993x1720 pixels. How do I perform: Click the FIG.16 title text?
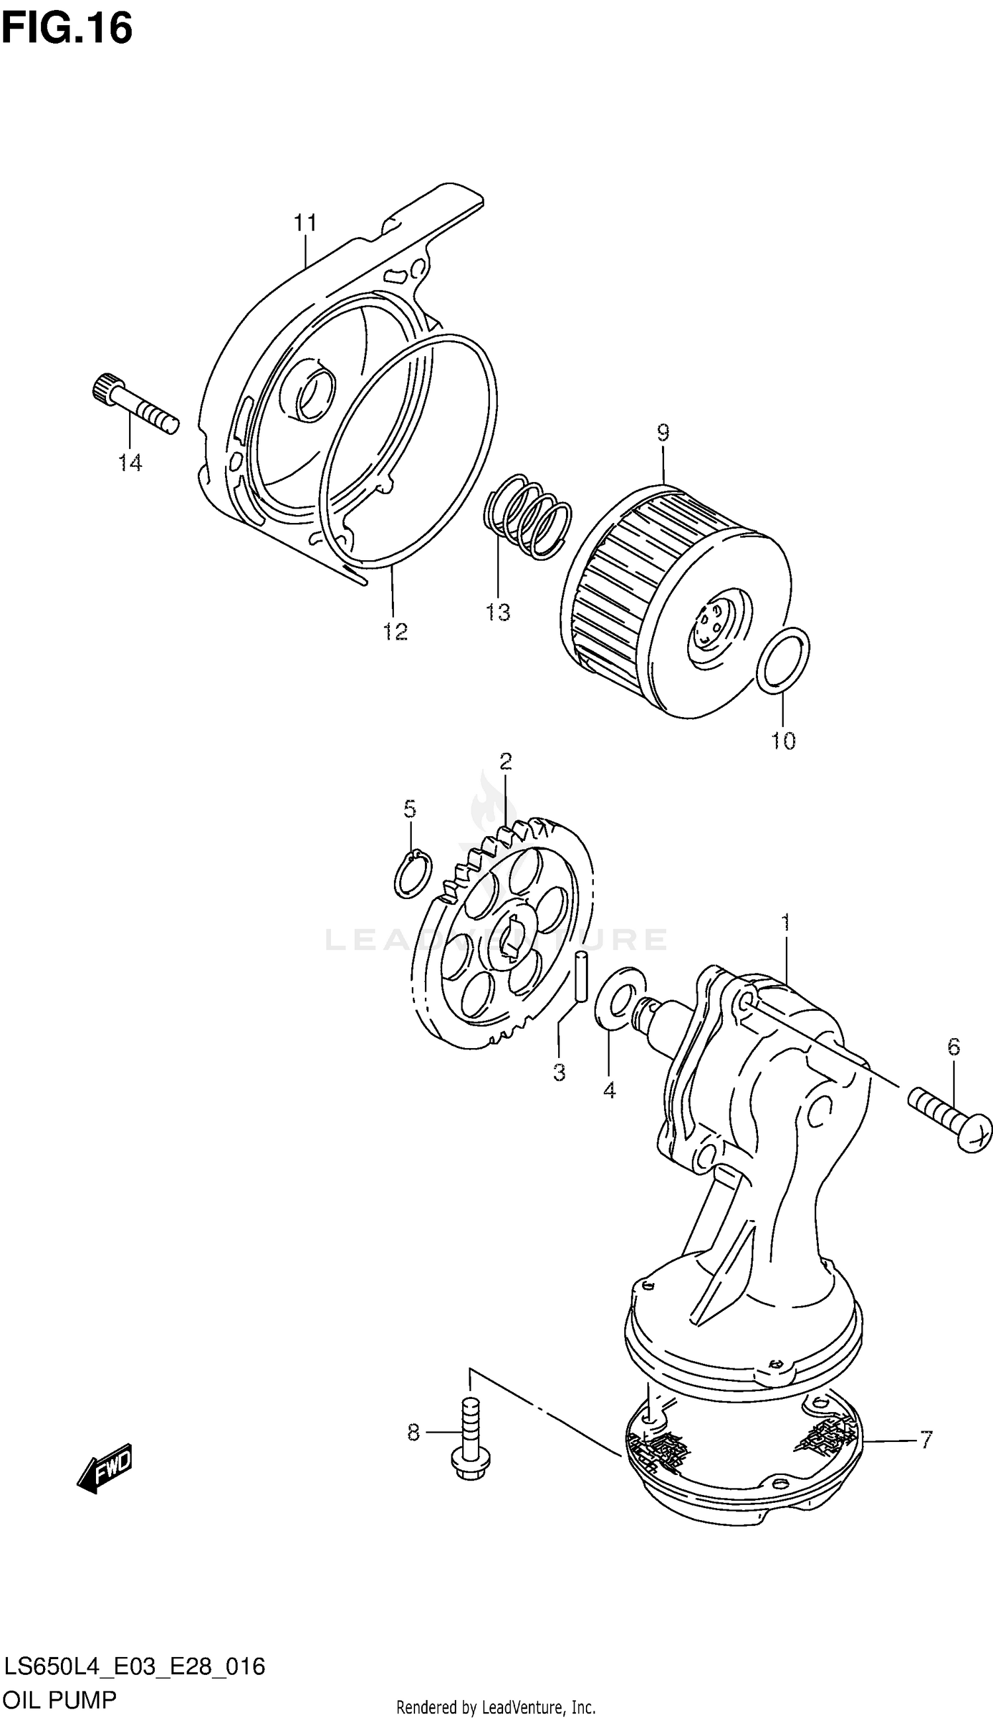(67, 28)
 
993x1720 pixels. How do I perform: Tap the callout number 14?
(130, 463)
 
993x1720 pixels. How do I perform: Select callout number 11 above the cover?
(306, 222)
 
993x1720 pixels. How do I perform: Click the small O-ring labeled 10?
(784, 661)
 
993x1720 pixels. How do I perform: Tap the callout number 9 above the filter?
(663, 432)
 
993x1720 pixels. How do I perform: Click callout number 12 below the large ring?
(395, 632)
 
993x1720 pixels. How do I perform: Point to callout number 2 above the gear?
(504, 761)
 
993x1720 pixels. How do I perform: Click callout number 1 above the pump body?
(785, 923)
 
